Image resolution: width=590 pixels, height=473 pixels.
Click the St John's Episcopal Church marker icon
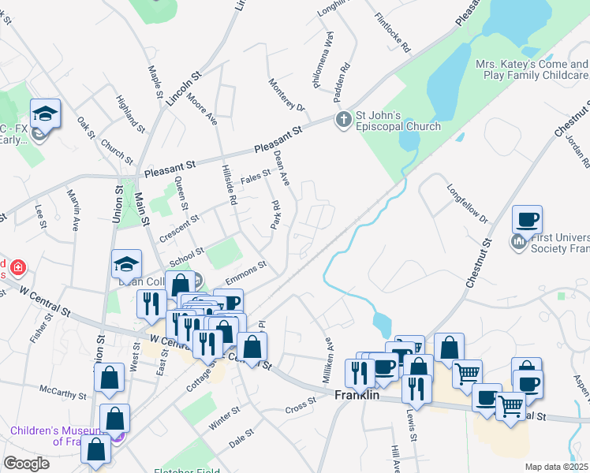(x=342, y=120)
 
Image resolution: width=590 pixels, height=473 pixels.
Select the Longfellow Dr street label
(x=467, y=203)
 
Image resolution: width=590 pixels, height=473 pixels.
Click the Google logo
(x=26, y=464)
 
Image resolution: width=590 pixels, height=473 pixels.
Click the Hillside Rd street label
(x=229, y=184)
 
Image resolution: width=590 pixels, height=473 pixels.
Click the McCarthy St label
(x=62, y=391)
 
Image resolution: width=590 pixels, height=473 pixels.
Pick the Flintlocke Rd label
(x=393, y=32)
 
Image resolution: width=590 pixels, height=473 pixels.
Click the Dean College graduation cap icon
(x=126, y=265)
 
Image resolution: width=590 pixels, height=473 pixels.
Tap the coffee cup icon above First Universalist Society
(x=527, y=218)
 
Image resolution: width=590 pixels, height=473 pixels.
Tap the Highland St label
(x=130, y=114)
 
